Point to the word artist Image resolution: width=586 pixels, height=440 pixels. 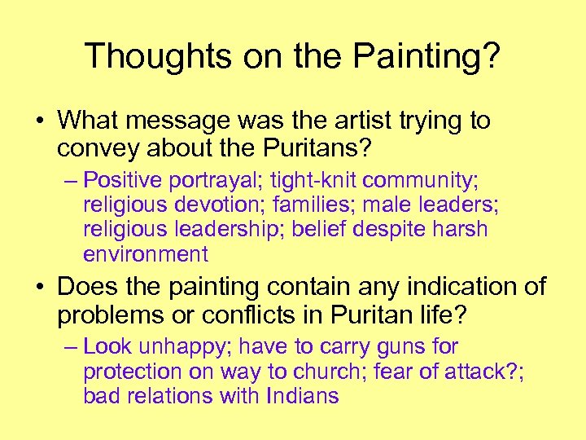coord(357,121)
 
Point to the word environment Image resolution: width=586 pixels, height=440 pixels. coord(146,254)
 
